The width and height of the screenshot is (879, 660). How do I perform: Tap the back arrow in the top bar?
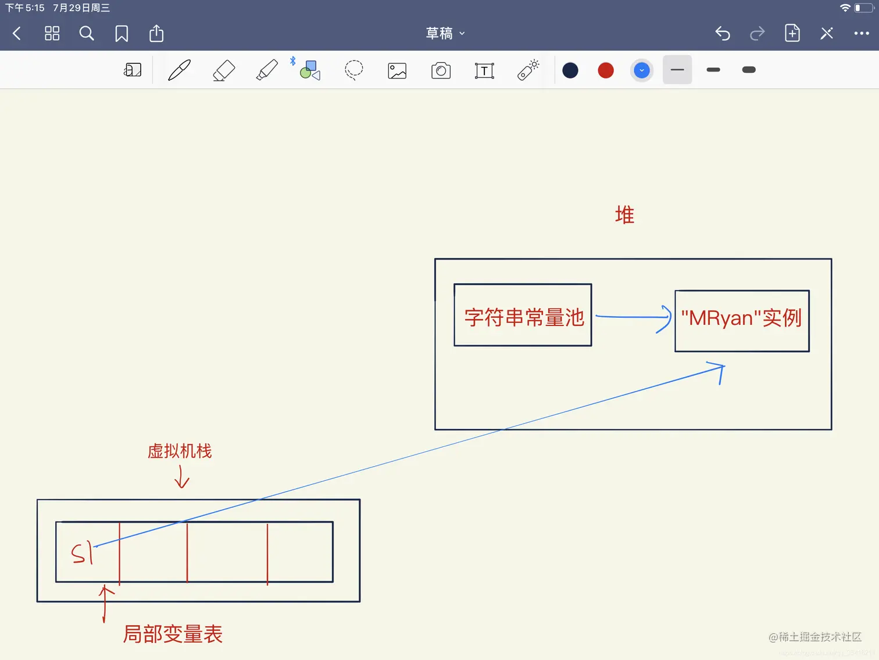pos(17,34)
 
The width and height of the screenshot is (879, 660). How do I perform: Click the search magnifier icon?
pos(87,34)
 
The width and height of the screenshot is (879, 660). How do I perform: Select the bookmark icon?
pos(122,34)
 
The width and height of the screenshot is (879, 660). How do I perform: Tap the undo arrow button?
pos(723,34)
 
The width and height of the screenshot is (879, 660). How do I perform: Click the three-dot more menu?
pos(862,34)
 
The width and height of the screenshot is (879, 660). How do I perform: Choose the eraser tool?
pos(224,70)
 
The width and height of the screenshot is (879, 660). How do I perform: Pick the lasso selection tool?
pos(353,70)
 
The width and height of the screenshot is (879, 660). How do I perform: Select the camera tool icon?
pos(441,70)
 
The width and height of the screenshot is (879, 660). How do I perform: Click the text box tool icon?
pos(484,70)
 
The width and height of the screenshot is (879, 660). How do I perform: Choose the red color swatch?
pos(606,70)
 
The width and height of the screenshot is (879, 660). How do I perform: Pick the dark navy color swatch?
pos(570,70)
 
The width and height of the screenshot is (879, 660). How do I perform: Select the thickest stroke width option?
pos(749,70)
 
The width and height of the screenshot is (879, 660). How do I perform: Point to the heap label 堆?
pos(624,215)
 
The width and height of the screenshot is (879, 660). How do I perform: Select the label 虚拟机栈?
pos(180,451)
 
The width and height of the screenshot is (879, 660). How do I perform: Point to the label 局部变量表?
pos(173,634)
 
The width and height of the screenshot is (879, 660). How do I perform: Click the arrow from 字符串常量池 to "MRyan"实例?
pos(633,317)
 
